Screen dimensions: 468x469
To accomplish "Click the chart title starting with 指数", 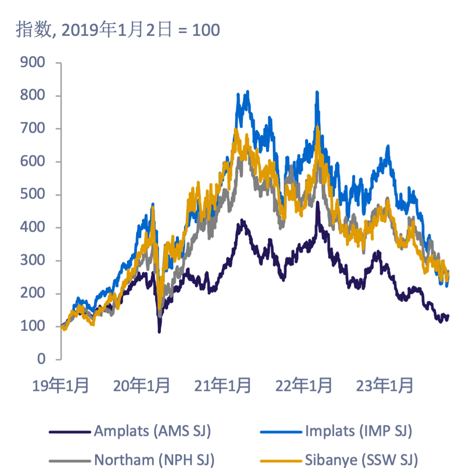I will pos(118,30).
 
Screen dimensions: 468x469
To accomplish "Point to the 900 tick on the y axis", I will pos(33,63).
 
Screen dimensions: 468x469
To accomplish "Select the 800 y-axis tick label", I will pos(33,96).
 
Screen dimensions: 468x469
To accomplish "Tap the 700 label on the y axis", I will pos(33,128).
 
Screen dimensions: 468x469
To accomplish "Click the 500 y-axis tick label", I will pos(33,195).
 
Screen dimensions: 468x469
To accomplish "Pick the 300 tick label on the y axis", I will pos(33,260).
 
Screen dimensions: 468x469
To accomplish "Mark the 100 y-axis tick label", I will pos(33,326).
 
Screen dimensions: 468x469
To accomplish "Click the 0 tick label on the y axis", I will pos(41,359).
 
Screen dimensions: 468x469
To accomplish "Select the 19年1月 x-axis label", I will pos(60,386).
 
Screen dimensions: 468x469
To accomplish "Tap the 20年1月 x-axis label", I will pos(141,386).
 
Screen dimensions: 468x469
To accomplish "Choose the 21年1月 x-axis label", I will pos(222,386).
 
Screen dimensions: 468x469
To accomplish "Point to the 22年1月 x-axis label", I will pos(304,386).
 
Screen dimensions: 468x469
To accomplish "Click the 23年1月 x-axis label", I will pos(385,386).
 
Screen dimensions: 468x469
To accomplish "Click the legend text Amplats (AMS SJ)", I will pos(152,431).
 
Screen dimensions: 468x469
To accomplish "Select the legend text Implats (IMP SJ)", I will pos(358,431).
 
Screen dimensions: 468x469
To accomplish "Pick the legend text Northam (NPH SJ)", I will pos(154,459).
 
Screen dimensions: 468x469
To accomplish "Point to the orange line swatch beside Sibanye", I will pos(280,460).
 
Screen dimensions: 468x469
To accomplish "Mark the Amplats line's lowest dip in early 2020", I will pos(159,331).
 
